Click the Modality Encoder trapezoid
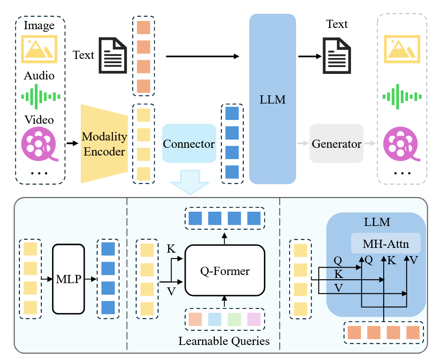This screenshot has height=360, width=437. (x=104, y=143)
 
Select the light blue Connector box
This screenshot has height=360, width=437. (x=189, y=143)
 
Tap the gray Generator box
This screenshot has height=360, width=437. (x=336, y=143)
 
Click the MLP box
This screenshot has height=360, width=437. (x=68, y=279)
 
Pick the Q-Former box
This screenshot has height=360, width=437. (x=225, y=271)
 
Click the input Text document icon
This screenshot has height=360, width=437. (x=113, y=55)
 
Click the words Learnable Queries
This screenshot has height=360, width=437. (x=224, y=341)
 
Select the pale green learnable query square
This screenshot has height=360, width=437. (x=234, y=319)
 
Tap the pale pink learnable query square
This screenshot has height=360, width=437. (x=254, y=319)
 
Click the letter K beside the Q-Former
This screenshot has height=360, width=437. (x=171, y=249)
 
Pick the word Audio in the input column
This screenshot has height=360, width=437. (x=39, y=76)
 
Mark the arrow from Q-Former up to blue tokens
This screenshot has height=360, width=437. (x=224, y=237)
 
